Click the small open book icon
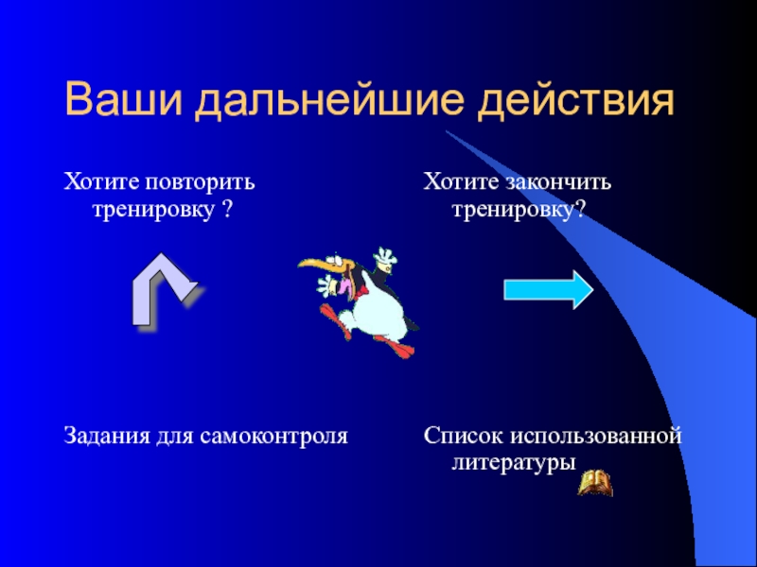[x=595, y=484]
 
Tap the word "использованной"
[x=596, y=437]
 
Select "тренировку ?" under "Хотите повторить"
[x=162, y=207]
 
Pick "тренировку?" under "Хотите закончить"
[x=517, y=207]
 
